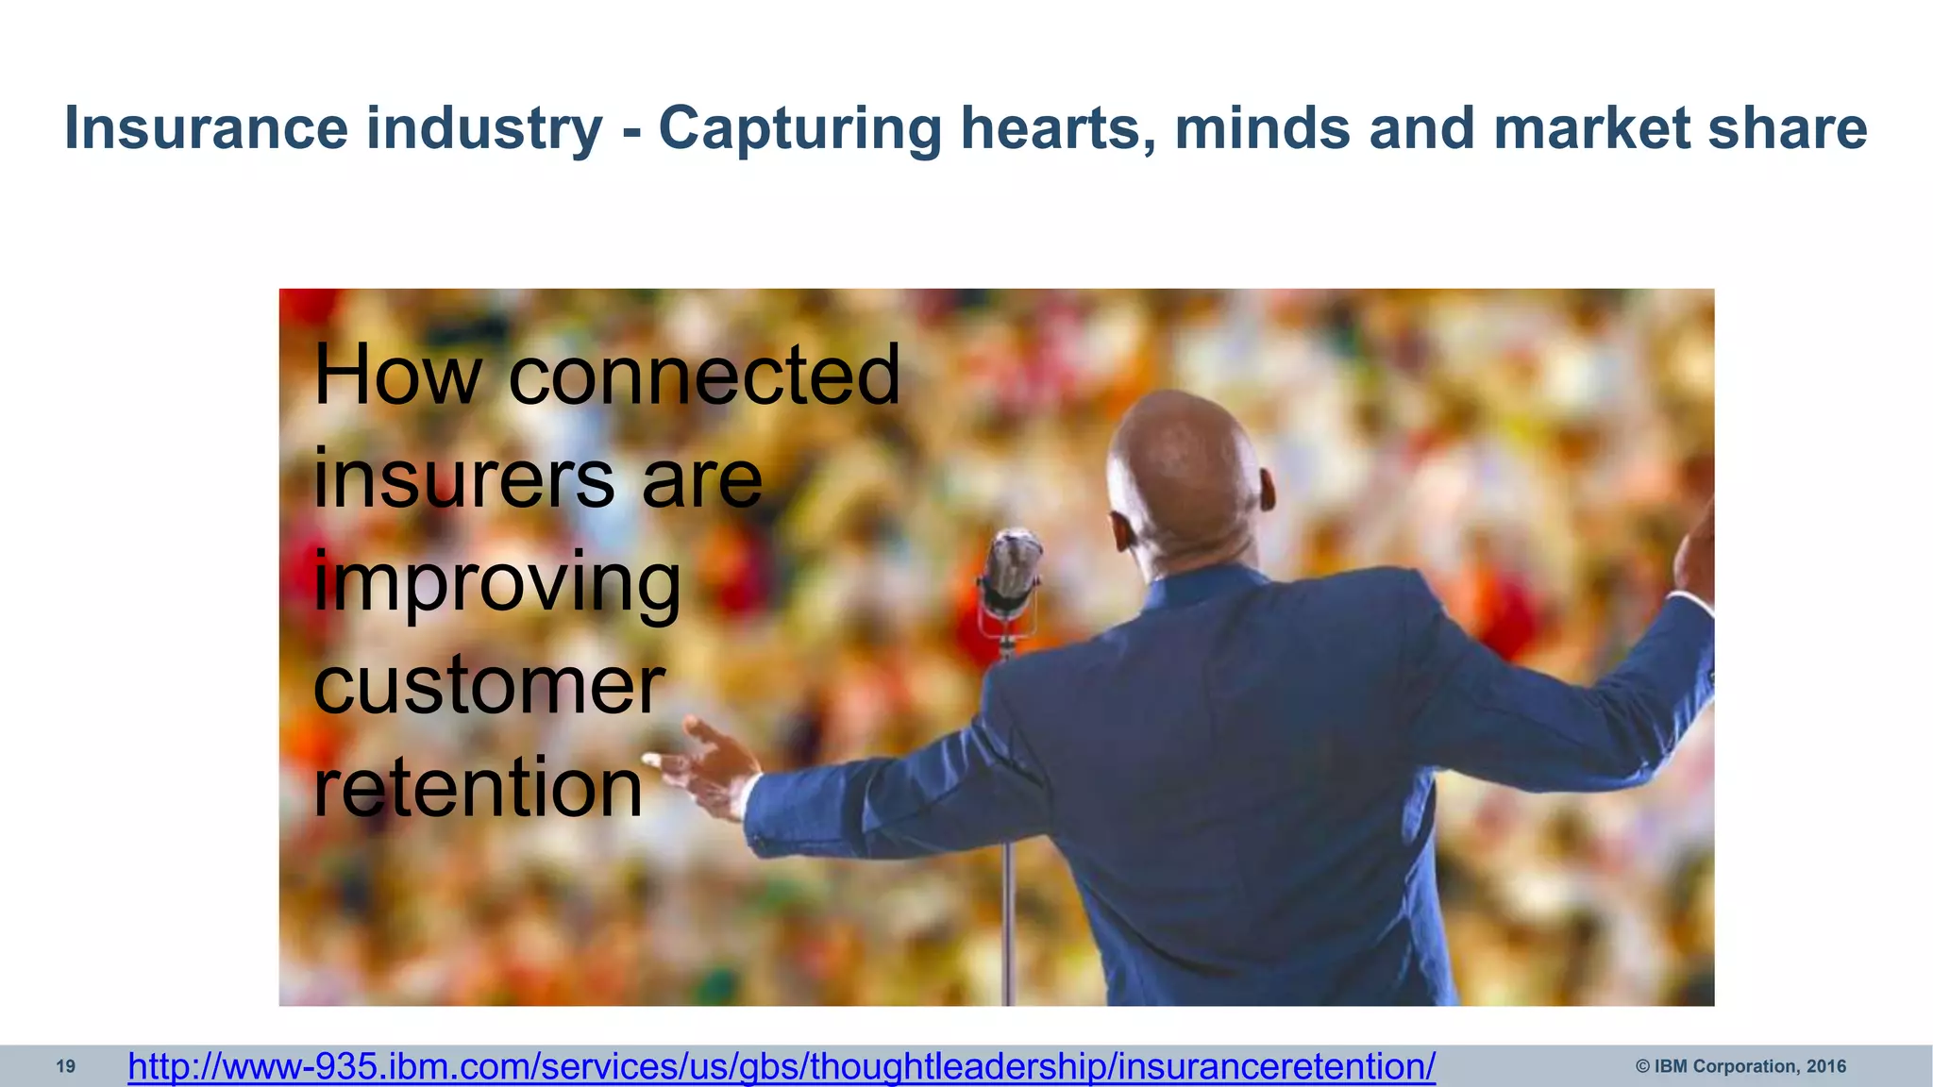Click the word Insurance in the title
[x=206, y=128]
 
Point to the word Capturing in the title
[x=799, y=130]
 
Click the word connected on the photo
[x=704, y=376]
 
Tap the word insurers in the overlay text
[x=463, y=479]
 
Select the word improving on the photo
[x=496, y=583]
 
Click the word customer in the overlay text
[x=489, y=686]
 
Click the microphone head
[x=1011, y=566]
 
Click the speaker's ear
[x=1267, y=491]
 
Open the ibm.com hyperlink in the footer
[x=782, y=1067]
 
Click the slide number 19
[x=65, y=1067]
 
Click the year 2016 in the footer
[x=1825, y=1067]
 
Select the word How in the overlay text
[x=397, y=376]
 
